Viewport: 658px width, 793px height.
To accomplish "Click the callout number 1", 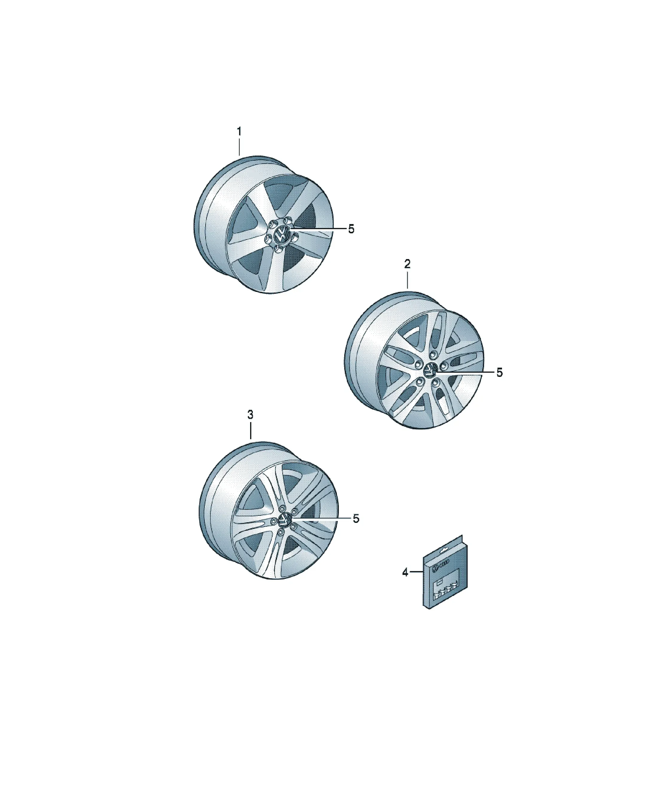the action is [x=239, y=132].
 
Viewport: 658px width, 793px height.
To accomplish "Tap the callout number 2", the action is [x=407, y=264].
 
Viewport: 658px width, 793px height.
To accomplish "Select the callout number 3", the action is [x=250, y=415].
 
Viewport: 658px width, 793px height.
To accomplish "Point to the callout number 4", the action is [x=405, y=573].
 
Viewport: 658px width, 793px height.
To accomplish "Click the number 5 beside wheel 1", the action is [x=351, y=229].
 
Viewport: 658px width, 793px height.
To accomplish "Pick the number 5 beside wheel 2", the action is [x=500, y=373].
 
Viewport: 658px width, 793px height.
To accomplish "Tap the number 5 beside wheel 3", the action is [x=356, y=519].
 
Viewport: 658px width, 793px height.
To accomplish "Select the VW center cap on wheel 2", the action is [x=430, y=371].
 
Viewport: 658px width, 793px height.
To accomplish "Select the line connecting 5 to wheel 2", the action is [x=464, y=372].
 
